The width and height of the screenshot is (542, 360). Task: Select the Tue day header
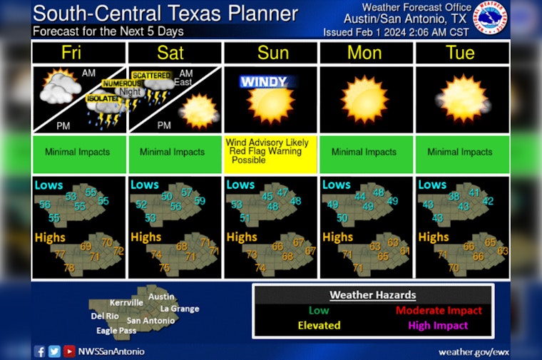(460, 52)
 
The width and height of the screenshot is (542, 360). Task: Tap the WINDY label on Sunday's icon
(262, 82)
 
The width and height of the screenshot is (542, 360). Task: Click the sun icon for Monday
(365, 98)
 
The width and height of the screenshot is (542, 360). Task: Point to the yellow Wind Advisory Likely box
(270, 152)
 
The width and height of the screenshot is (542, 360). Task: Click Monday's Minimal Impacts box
(364, 152)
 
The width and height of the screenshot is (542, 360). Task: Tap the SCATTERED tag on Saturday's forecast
(150, 75)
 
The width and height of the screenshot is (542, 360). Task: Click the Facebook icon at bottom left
(39, 351)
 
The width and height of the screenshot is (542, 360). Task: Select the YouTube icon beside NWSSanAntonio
(69, 351)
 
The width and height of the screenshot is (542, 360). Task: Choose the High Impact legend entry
(439, 325)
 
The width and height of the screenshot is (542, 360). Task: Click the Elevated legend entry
(319, 325)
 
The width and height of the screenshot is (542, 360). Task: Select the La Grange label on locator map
(179, 309)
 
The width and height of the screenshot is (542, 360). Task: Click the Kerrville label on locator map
(127, 302)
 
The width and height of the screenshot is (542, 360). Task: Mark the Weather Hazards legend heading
(372, 295)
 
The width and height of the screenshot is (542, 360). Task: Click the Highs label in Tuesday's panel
(432, 237)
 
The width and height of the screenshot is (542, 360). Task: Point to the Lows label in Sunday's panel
(240, 185)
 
